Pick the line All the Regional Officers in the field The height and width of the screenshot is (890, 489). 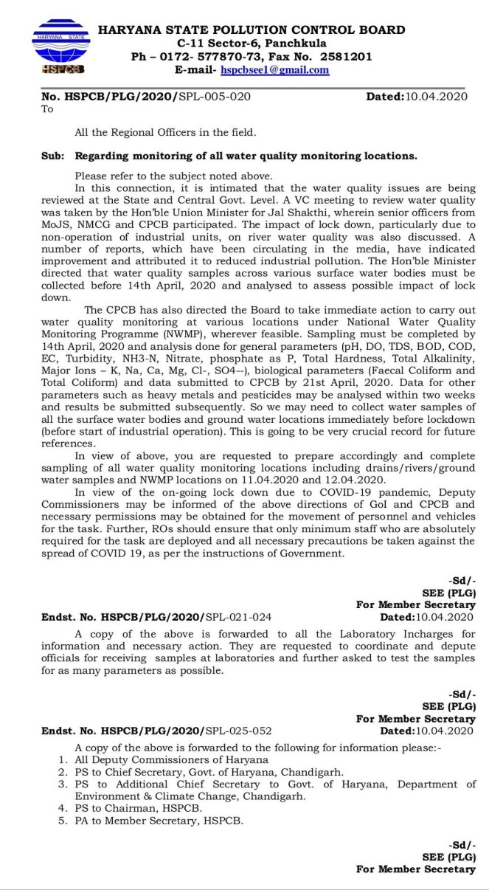pyautogui.click(x=166, y=133)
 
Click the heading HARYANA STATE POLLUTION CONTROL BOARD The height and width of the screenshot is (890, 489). pyautogui.click(x=252, y=30)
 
